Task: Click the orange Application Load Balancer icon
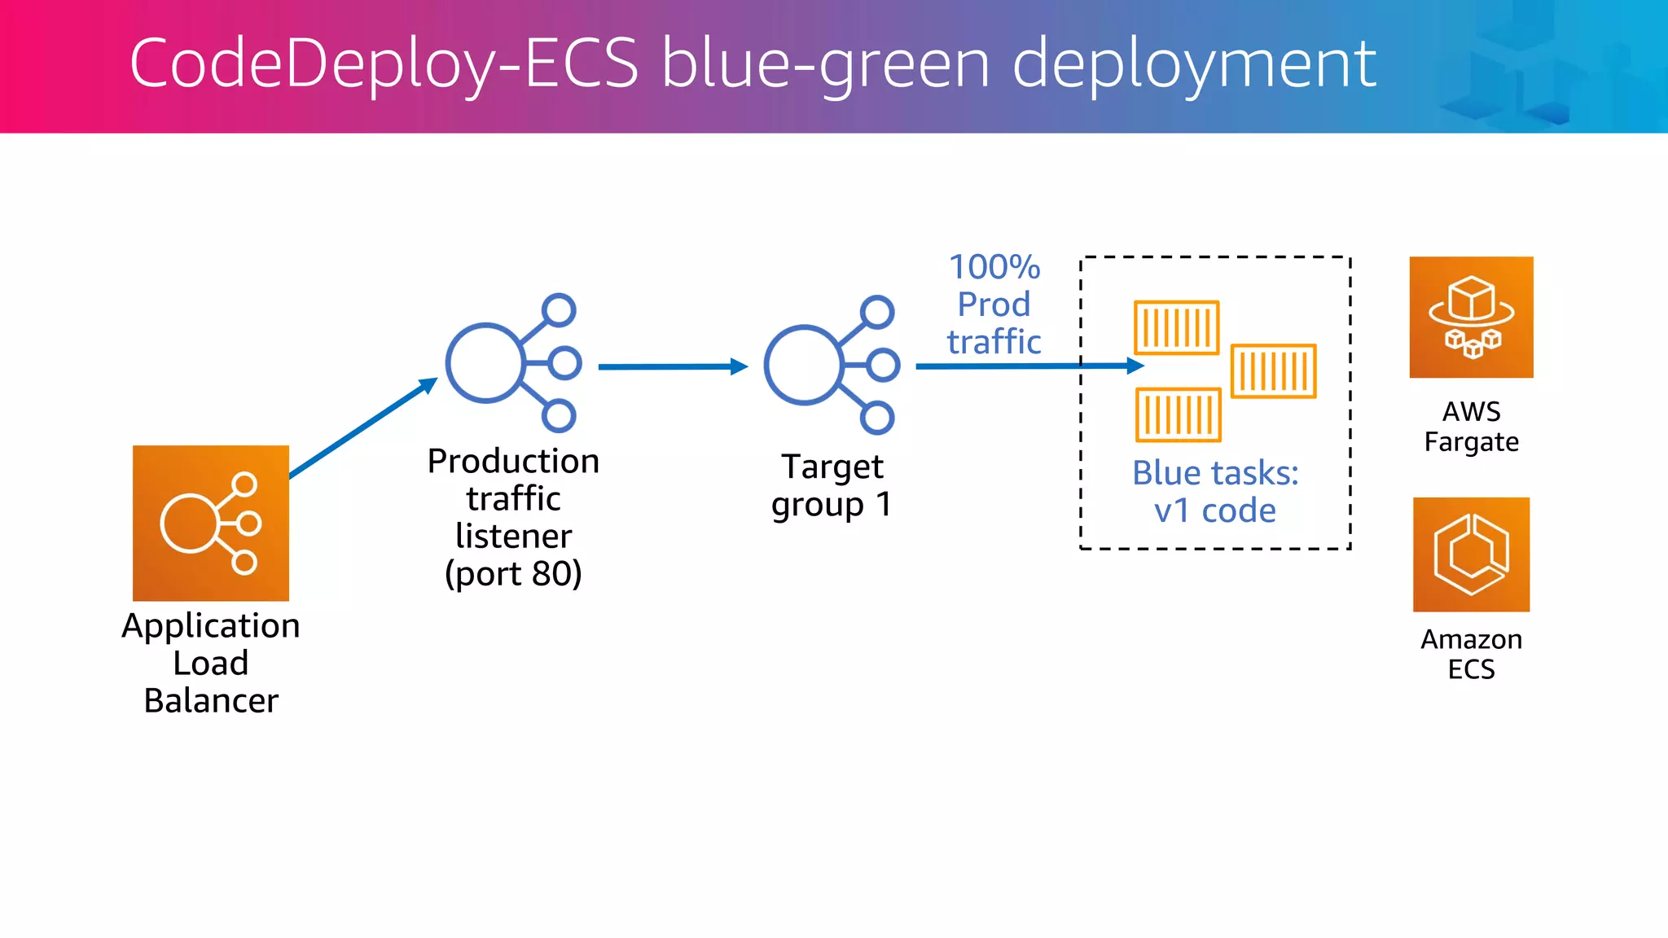point(211,523)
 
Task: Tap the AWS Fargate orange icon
point(1471,318)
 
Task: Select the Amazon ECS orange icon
point(1471,554)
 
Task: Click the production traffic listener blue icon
point(512,363)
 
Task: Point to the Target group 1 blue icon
point(831,364)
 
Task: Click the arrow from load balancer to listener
point(363,428)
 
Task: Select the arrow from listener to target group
point(672,367)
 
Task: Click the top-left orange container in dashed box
point(1176,328)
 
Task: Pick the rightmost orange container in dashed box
point(1273,371)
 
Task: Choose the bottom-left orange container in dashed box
point(1178,414)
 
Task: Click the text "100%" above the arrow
point(994,267)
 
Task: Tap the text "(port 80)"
point(513,574)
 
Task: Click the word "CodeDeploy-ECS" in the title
point(384,64)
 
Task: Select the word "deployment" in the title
point(1193,64)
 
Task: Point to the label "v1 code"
point(1214,511)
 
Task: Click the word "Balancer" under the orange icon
point(211,701)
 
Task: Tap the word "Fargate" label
point(1471,442)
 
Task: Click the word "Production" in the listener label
point(513,462)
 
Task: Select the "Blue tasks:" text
point(1214,473)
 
